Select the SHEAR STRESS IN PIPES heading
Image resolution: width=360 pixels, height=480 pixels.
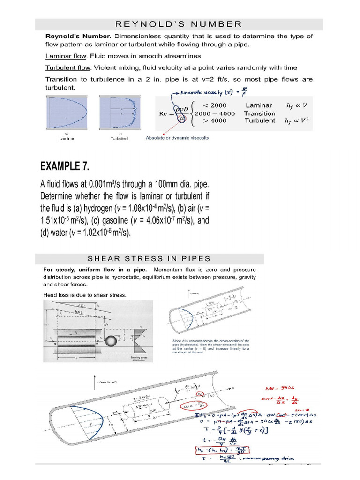(x=150, y=259)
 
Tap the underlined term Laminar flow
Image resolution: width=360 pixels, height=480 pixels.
(x=66, y=56)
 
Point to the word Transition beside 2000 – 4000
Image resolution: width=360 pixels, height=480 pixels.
(x=260, y=113)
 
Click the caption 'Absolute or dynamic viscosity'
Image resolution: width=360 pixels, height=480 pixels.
(x=178, y=138)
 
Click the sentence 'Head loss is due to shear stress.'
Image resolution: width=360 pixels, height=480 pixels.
(x=85, y=295)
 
